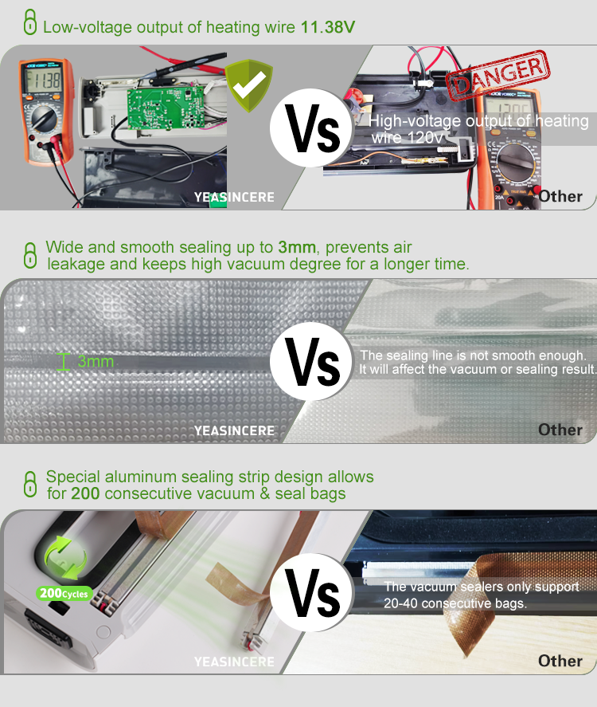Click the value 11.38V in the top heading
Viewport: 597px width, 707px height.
[327, 27]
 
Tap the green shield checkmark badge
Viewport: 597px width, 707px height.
[248, 86]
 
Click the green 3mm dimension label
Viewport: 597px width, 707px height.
[96, 362]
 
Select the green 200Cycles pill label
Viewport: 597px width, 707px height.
[64, 593]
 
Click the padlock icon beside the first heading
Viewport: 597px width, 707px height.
[29, 24]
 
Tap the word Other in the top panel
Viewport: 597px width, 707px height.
[560, 196]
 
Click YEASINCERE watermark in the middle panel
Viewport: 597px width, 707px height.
[234, 430]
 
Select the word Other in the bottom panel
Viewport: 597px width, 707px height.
[560, 660]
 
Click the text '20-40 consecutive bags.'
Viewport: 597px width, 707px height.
[456, 603]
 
